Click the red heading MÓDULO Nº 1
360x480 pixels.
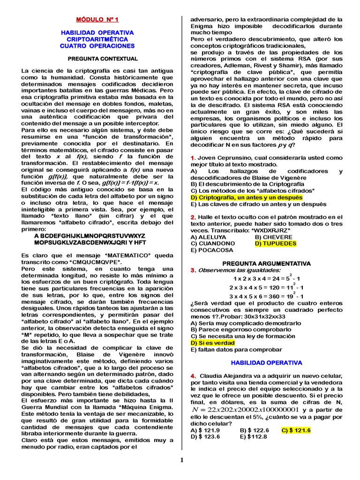tap(97, 20)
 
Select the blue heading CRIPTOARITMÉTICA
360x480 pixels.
tap(97, 39)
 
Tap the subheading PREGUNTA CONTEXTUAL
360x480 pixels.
tap(97, 59)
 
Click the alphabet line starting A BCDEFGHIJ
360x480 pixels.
tap(90, 236)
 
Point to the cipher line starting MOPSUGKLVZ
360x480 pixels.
tap(90, 243)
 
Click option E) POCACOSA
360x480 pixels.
tap(211, 250)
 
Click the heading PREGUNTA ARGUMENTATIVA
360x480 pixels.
tap(266, 264)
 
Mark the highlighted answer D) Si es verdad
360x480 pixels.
tap(212, 343)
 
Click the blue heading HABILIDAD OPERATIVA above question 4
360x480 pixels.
tap(266, 363)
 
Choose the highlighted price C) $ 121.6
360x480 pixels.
tap(296, 430)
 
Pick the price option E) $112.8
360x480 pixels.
tap(254, 436)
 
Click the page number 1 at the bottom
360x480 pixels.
tap(182, 460)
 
